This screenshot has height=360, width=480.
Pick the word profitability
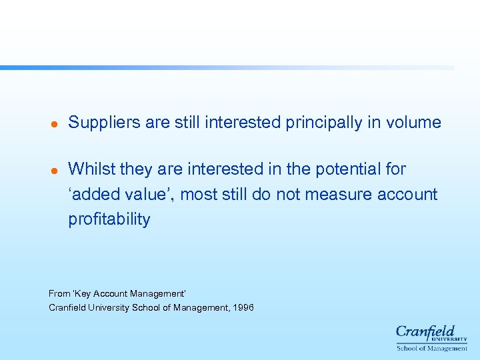[109, 220]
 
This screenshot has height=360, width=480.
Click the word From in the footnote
[59, 293]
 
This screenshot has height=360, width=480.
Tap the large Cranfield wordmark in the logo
[425, 332]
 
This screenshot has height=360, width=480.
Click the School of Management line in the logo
[431, 348]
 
